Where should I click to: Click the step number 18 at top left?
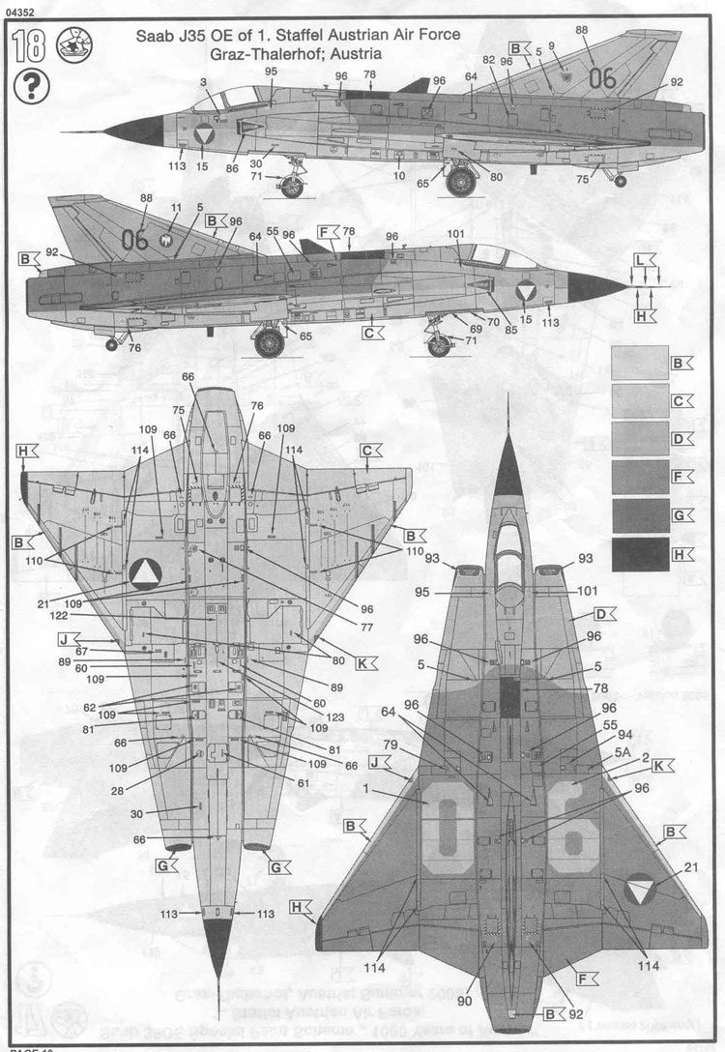[29, 45]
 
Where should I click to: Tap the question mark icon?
[32, 87]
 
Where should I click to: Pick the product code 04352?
[20, 11]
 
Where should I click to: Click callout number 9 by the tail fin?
[552, 45]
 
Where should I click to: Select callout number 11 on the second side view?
[175, 208]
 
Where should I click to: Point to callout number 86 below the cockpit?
[232, 167]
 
